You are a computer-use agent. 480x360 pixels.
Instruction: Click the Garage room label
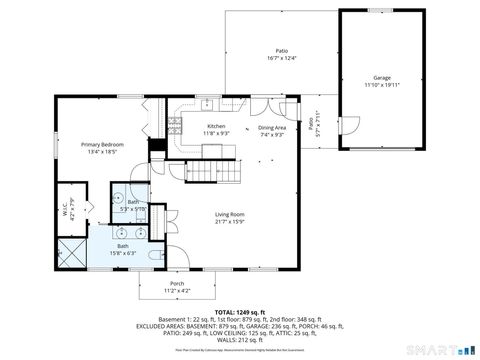tap(381, 77)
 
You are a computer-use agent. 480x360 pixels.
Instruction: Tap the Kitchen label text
tap(216, 126)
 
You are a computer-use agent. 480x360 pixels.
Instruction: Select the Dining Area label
tap(272, 128)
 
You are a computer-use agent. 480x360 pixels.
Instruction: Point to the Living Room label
tap(230, 214)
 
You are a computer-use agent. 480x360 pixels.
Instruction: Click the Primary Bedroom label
tap(102, 146)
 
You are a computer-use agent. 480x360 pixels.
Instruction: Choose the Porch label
tap(177, 284)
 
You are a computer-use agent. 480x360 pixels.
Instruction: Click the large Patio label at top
tap(282, 51)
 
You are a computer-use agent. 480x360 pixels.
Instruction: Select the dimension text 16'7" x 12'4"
tap(282, 58)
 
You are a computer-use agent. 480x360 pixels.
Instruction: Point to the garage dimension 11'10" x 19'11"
tap(381, 85)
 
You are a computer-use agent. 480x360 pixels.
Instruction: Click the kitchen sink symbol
tap(207, 104)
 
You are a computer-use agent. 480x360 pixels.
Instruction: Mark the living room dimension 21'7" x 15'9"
tap(230, 221)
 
